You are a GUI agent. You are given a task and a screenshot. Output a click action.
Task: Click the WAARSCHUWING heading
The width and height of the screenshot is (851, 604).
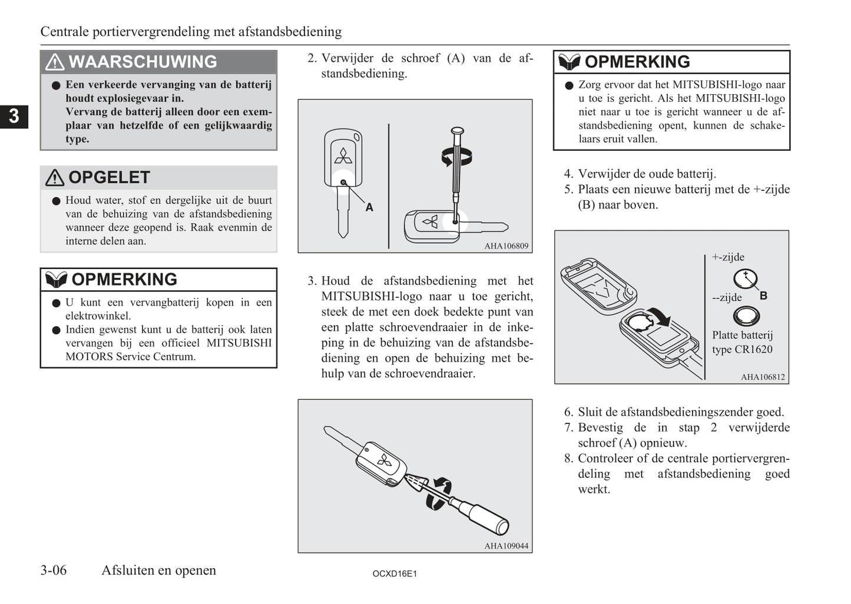(143, 62)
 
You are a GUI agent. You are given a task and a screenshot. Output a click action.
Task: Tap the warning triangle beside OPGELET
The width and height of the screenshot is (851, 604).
(55, 178)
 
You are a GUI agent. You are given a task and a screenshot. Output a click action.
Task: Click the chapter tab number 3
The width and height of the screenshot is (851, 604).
(14, 116)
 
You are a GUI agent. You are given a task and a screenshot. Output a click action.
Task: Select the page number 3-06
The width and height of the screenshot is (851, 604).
(54, 570)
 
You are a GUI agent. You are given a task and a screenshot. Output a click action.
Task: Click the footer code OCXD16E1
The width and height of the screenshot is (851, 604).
(395, 573)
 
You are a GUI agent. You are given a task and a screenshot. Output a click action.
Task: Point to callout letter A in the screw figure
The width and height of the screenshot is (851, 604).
(369, 207)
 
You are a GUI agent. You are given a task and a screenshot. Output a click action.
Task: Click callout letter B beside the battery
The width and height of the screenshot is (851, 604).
(763, 296)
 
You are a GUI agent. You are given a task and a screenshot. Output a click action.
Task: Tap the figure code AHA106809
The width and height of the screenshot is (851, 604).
(506, 246)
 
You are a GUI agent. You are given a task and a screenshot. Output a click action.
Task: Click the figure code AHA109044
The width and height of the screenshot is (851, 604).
(506, 546)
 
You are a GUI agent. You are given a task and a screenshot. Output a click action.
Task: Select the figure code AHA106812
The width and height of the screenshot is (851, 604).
(763, 377)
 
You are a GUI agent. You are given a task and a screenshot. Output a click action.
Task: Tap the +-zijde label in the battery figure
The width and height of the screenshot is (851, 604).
(728, 257)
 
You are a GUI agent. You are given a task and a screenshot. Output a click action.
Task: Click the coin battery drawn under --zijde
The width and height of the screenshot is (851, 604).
(746, 317)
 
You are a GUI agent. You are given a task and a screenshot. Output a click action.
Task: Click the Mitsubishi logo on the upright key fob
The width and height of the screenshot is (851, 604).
(343, 156)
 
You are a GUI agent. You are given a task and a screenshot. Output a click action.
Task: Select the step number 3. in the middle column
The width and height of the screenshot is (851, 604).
(312, 281)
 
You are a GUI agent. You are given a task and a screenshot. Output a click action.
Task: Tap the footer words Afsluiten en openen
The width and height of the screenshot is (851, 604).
(158, 570)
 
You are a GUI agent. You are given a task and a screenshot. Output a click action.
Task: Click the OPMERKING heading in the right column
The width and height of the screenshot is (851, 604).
(637, 62)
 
